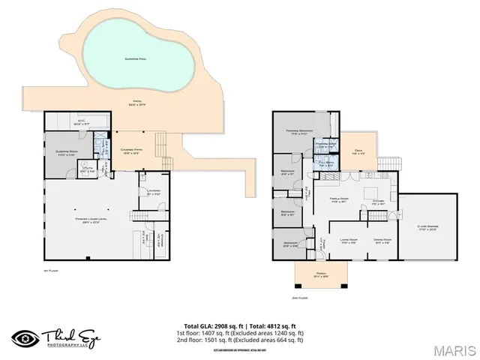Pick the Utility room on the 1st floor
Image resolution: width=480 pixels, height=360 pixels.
pos(87,169)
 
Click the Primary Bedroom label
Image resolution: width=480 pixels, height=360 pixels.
pos(302,133)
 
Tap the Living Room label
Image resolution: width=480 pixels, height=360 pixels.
pos(348,241)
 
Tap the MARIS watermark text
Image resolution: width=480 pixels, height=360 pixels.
pos(453,349)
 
